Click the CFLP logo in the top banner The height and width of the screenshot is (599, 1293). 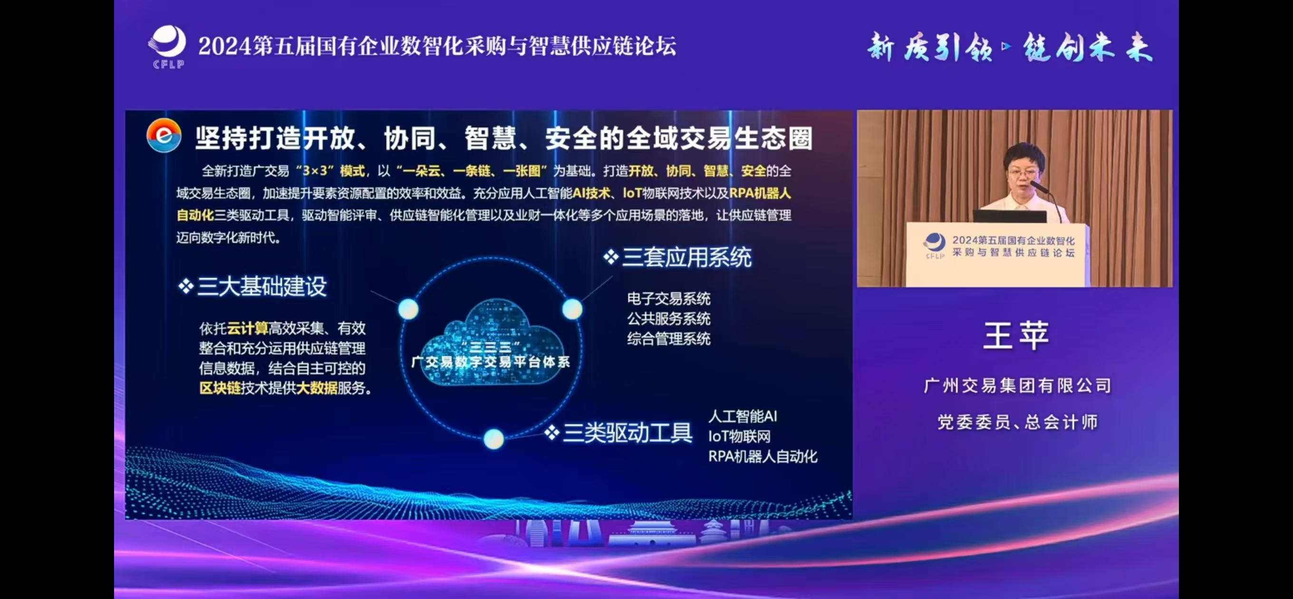[x=167, y=47]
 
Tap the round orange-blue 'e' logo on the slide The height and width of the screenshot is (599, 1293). [x=164, y=135]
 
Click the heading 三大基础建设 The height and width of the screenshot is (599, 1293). [x=252, y=287]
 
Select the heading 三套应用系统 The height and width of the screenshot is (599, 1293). [x=677, y=258]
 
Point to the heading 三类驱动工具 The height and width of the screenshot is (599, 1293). [x=619, y=432]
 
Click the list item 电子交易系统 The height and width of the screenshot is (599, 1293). [x=668, y=299]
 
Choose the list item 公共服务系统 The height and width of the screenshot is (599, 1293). [x=668, y=319]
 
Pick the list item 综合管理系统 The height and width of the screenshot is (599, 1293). [x=668, y=338]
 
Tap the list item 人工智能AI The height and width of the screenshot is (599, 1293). [x=743, y=416]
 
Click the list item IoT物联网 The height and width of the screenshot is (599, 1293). [x=739, y=436]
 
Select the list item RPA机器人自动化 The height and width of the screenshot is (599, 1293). [x=762, y=456]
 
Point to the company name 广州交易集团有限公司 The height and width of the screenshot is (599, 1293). [x=1017, y=386]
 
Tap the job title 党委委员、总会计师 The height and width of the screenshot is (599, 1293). [x=1017, y=422]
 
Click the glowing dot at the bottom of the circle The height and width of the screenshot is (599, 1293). [x=493, y=439]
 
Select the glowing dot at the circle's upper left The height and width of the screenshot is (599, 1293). [x=408, y=309]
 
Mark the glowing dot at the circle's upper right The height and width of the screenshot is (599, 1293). [x=572, y=309]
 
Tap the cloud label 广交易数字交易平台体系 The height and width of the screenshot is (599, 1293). [x=491, y=361]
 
